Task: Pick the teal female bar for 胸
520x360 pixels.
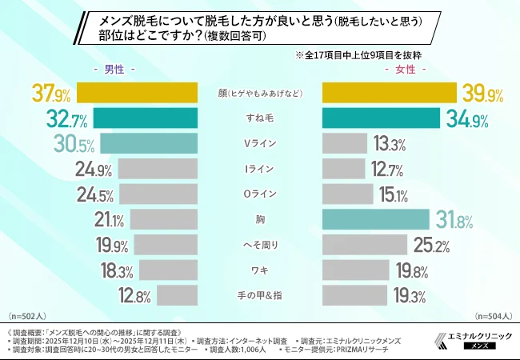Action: (x=376, y=219)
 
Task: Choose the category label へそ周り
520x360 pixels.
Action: (x=259, y=244)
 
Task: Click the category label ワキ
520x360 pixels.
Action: (x=259, y=270)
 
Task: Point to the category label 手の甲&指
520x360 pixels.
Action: (x=259, y=294)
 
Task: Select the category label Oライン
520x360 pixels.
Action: (x=259, y=194)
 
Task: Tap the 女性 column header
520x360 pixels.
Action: (x=406, y=70)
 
